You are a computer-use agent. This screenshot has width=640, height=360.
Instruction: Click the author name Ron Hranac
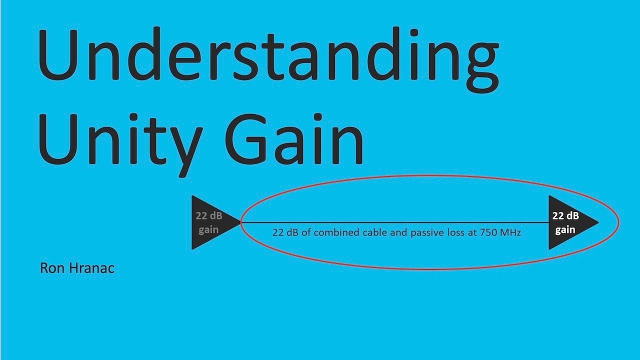pyautogui.click(x=77, y=268)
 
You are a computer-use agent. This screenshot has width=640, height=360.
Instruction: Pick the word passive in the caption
pyautogui.click(x=426, y=232)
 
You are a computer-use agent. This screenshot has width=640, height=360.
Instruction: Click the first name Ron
pyautogui.click(x=50, y=268)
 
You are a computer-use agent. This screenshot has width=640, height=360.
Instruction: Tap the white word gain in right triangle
pyautogui.click(x=565, y=230)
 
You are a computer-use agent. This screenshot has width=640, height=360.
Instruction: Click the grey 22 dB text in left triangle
pyautogui.click(x=209, y=216)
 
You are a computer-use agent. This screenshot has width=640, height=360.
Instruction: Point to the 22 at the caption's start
pyautogui.click(x=278, y=232)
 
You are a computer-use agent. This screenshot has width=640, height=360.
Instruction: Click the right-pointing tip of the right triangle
pyautogui.click(x=596, y=222)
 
